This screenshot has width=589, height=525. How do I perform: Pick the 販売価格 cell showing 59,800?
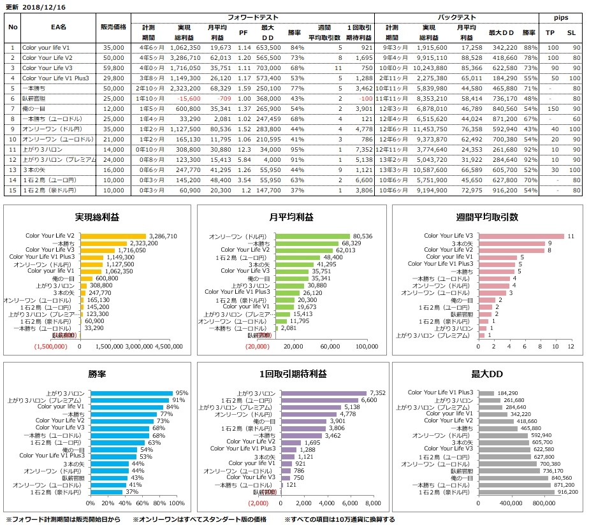pos(113,67)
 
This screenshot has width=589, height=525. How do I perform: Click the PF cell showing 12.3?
pos(244,149)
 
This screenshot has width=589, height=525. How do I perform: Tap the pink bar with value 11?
pos(521,236)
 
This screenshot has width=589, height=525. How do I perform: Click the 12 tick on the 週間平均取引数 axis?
pos(571,347)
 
